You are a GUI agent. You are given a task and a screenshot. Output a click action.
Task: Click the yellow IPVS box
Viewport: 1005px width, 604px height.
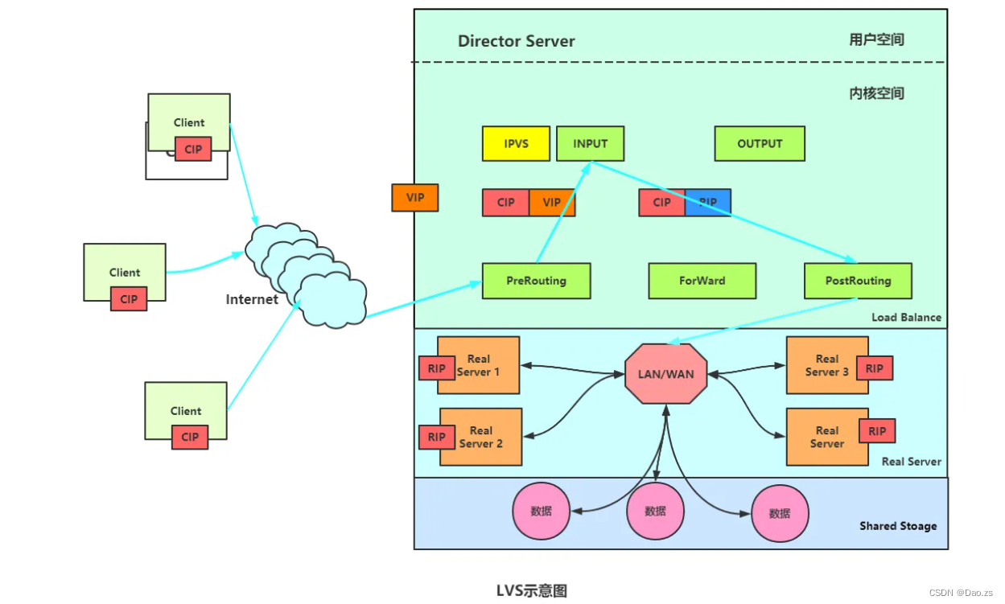tap(516, 144)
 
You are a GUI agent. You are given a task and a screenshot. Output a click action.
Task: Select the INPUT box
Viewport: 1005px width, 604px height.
tap(590, 144)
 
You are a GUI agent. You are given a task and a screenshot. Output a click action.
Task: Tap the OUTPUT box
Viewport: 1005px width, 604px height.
tap(760, 144)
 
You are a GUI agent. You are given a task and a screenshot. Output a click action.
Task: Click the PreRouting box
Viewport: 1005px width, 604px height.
tap(536, 281)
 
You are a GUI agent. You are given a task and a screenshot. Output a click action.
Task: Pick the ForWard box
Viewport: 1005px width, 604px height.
tap(702, 281)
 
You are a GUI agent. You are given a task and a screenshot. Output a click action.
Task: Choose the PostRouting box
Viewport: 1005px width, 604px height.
tap(858, 281)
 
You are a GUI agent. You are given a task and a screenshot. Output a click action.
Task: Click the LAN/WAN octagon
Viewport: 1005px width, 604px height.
tap(665, 374)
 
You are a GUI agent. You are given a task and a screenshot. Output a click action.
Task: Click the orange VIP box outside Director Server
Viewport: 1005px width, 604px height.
tap(414, 197)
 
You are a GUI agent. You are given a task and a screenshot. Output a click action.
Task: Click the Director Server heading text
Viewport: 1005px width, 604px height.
tap(516, 41)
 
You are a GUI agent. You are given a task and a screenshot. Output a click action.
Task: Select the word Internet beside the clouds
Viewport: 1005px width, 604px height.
tap(252, 300)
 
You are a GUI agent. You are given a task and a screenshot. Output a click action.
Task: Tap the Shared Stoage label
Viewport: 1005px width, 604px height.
tap(898, 526)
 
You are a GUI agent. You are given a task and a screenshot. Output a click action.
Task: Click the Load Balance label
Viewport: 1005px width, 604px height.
tap(906, 318)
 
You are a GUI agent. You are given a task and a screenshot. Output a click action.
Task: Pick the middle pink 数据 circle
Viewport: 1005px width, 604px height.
tap(655, 512)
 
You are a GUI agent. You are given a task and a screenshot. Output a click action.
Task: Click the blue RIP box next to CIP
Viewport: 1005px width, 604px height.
tap(708, 203)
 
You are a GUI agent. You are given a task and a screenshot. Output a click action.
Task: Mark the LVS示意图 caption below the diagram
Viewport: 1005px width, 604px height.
tap(531, 591)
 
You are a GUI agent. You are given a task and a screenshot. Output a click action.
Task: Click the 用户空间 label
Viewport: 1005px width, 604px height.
tap(876, 39)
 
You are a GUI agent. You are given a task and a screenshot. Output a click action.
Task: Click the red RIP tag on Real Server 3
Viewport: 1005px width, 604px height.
tap(874, 368)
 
